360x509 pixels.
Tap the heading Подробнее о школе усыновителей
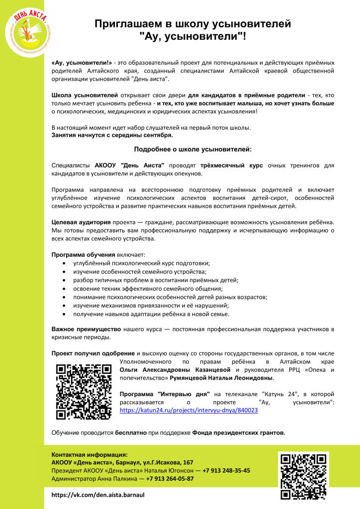point(193,149)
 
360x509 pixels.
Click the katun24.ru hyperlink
point(189,411)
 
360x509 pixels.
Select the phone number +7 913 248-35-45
point(226,470)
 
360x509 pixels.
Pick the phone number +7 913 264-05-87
point(167,478)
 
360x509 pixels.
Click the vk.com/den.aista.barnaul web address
point(98,495)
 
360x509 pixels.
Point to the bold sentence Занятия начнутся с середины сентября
point(112,134)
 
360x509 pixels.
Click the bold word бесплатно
point(131,432)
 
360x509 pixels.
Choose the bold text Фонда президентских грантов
point(239,432)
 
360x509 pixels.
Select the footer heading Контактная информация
point(90,454)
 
